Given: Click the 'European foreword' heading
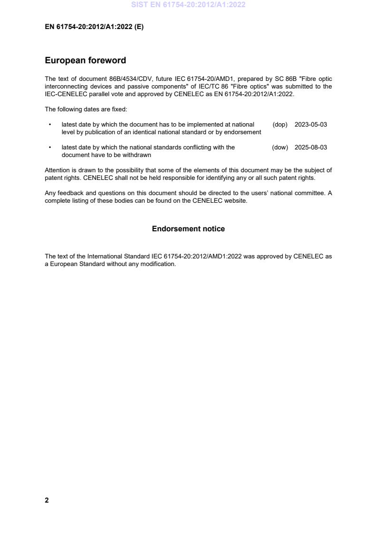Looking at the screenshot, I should tap(85, 60).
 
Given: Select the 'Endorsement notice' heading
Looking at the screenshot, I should tap(188, 229).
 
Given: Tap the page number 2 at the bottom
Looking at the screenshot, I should tap(47, 500).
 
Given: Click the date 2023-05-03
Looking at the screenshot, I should tap(310, 125).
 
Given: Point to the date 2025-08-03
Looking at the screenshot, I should tap(310, 148).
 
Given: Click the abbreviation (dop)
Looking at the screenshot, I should tap(280, 125).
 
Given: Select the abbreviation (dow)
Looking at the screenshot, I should tap(280, 148).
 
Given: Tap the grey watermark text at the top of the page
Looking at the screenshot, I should tap(188, 5).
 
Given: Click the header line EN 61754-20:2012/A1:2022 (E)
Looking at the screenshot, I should tap(94, 27).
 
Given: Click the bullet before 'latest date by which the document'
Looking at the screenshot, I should tap(50, 125).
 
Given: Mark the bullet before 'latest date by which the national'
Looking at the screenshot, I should tap(50, 148).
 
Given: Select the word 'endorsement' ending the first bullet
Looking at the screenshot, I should tap(245, 132).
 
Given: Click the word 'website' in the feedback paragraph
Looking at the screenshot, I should tap(236, 201).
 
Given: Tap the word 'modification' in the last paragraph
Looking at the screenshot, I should tap(159, 264).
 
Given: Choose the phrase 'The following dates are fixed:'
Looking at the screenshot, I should tap(86, 109).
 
